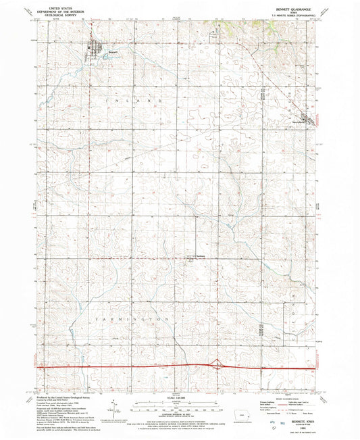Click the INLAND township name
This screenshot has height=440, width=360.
point(133,100)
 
